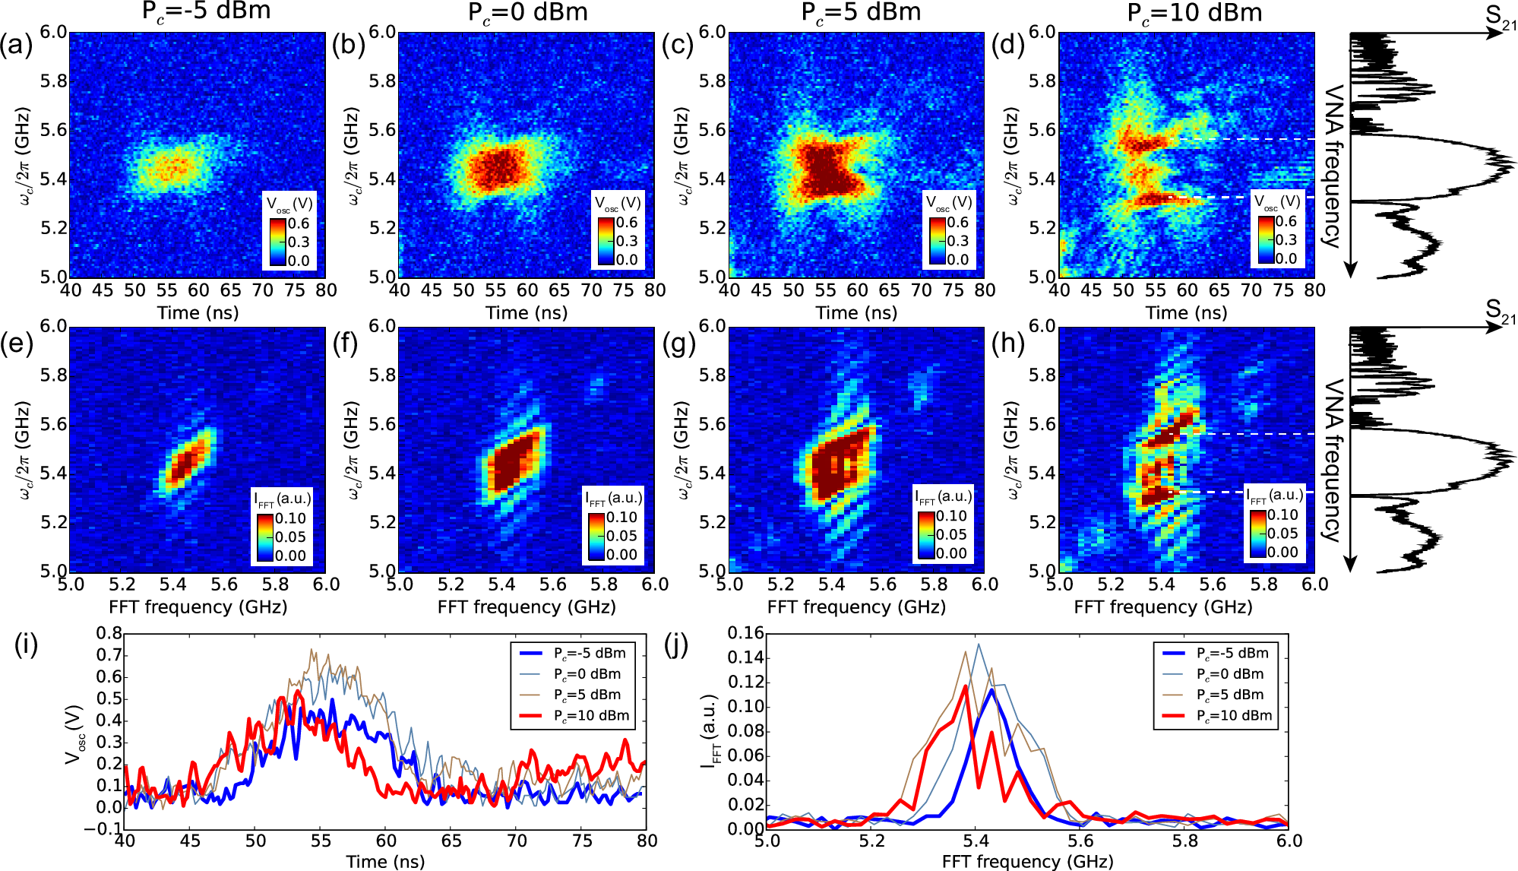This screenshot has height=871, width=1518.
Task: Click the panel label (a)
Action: click(16, 46)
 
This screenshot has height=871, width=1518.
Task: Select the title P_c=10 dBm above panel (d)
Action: click(1194, 13)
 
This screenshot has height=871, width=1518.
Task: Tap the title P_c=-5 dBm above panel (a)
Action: click(206, 11)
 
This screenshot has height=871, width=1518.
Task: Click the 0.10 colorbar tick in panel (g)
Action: click(951, 516)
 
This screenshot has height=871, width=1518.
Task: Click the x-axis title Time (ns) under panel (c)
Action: click(856, 312)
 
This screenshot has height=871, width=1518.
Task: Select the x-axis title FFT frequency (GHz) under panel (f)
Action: click(527, 607)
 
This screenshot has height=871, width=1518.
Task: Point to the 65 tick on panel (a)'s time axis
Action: click(230, 290)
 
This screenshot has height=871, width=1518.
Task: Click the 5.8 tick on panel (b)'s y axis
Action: click(382, 81)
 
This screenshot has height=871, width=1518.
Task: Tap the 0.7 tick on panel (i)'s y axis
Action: click(109, 654)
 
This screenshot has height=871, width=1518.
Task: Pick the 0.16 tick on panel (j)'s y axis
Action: click(745, 633)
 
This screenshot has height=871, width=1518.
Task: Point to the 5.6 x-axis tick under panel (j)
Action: click(1080, 841)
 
